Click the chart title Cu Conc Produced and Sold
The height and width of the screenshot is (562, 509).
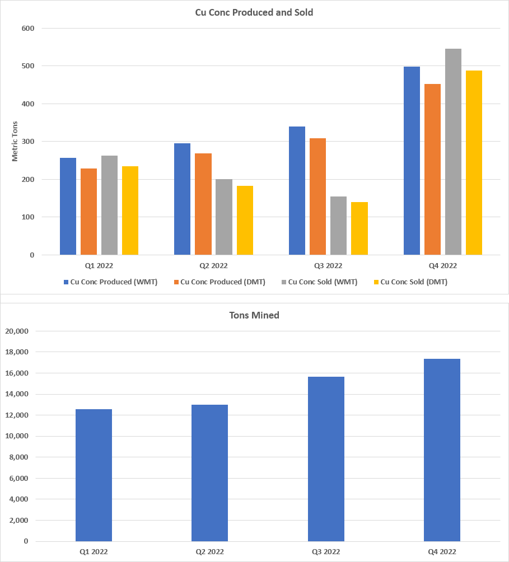(254, 12)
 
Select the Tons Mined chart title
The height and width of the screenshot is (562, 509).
(254, 315)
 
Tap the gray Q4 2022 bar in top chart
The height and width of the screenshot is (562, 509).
(453, 152)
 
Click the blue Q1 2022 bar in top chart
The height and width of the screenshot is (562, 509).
(68, 206)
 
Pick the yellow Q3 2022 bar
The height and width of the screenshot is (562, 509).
(359, 228)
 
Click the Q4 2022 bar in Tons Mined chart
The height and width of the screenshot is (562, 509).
(442, 450)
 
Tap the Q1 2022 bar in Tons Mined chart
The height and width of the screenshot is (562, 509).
(94, 475)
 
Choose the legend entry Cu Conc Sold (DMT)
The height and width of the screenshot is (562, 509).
(413, 282)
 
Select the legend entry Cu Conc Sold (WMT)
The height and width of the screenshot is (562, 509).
(323, 282)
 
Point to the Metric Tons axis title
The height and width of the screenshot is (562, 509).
(15, 141)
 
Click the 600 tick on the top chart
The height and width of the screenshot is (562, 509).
(28, 29)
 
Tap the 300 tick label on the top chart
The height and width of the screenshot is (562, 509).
(28, 142)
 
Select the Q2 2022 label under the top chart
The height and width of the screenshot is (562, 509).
(213, 266)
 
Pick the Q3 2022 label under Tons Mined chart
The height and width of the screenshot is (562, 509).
(326, 552)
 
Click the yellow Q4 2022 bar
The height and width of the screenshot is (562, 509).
(474, 162)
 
